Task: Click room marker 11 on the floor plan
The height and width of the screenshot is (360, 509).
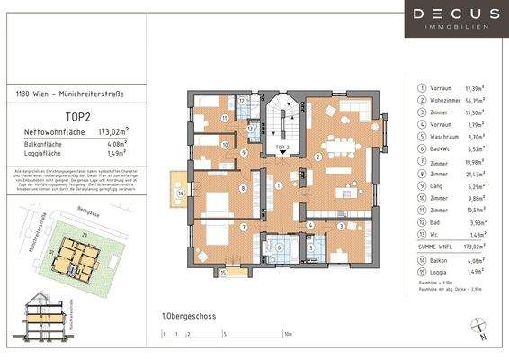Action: click(x=226, y=118)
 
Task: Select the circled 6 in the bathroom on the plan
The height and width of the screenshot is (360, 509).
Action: click(x=279, y=247)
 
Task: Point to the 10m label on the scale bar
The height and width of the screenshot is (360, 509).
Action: click(x=288, y=332)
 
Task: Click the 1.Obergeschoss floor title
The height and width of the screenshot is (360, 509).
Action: click(x=188, y=316)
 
